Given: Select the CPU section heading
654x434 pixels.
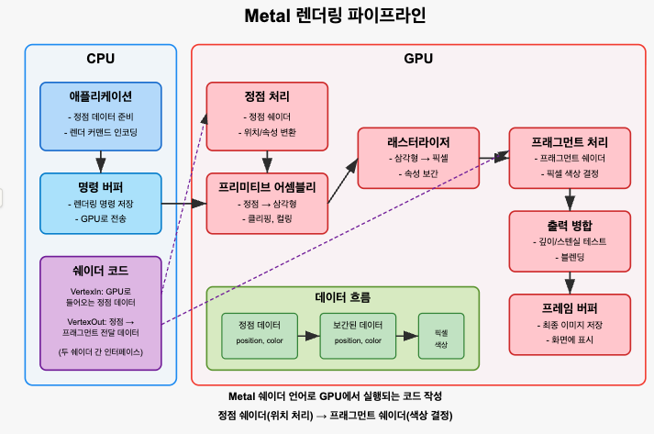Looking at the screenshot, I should tap(100, 60).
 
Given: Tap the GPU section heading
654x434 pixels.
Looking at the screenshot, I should tap(418, 60).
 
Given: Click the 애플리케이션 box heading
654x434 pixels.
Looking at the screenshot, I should tap(101, 95).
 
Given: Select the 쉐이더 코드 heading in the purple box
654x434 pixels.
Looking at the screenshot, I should tap(101, 271).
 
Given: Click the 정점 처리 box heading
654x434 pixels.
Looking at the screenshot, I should tap(267, 96).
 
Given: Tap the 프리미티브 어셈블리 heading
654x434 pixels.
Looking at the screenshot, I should tap(267, 187).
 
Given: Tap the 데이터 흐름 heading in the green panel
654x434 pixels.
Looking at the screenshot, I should tap(342, 298).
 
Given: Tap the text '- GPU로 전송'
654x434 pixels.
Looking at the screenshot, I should tap(101, 219).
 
